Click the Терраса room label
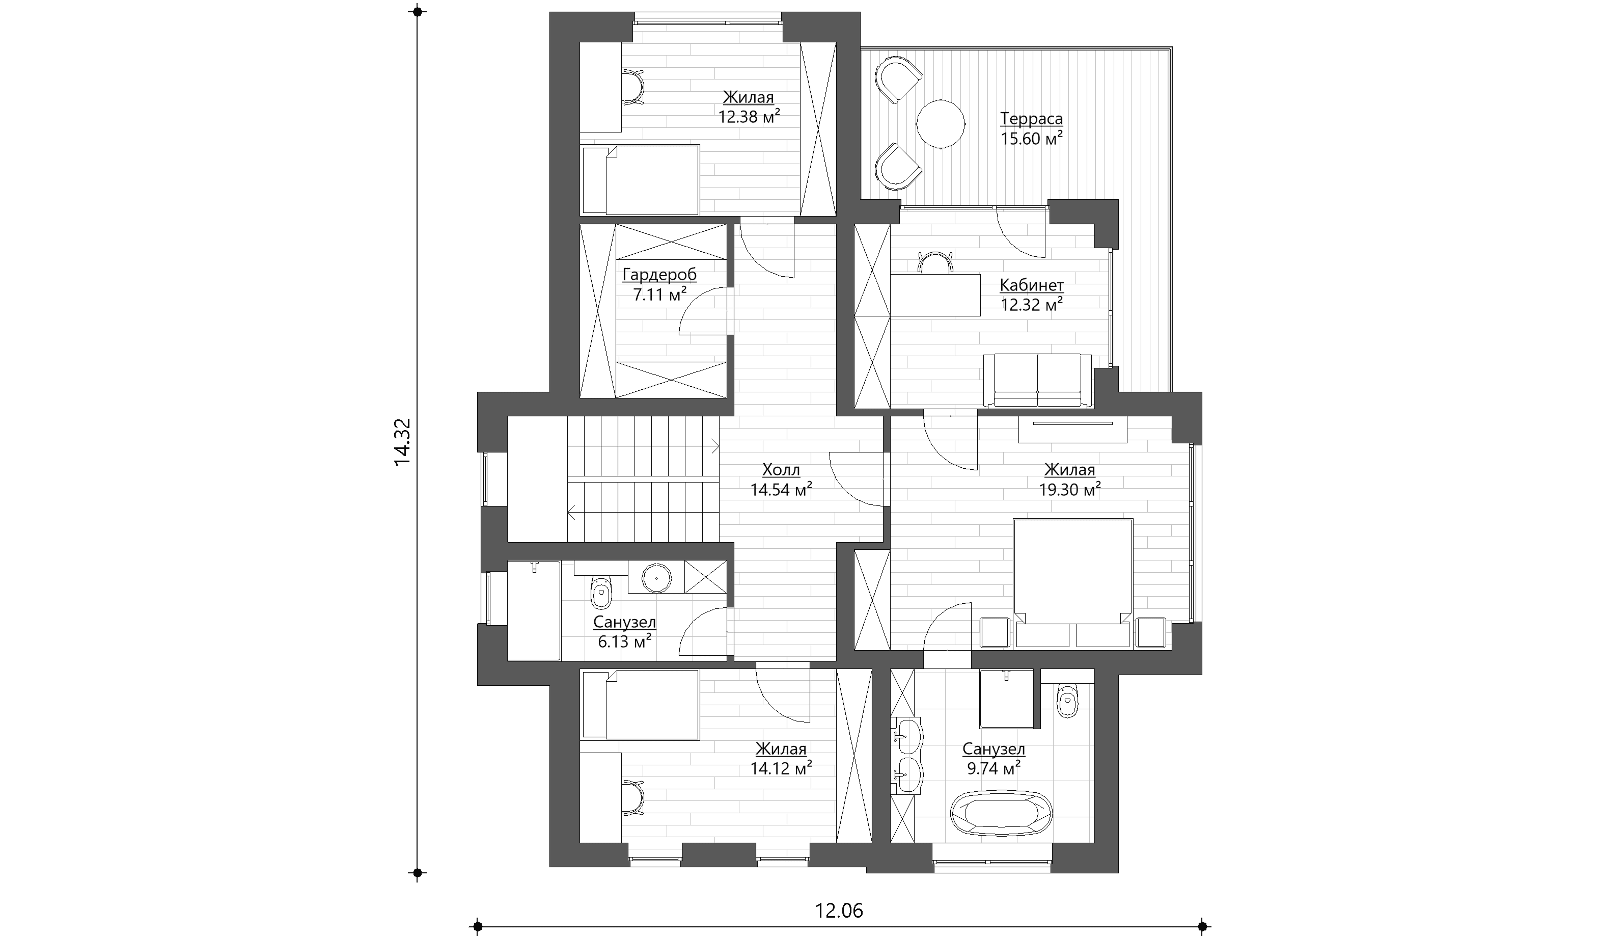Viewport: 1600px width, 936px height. point(1031,119)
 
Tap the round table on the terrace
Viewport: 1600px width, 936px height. point(941,123)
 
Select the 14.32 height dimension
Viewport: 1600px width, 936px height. point(402,442)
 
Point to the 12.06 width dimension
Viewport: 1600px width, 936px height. point(839,911)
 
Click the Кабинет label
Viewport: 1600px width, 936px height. point(1032,285)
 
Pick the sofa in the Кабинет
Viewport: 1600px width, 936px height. point(1037,380)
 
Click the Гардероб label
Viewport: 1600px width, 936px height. point(659,275)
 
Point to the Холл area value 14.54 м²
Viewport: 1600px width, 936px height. point(781,489)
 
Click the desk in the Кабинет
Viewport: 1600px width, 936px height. point(935,295)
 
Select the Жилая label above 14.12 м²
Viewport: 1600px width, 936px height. point(781,748)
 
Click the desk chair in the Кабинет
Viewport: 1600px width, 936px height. point(936,262)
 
